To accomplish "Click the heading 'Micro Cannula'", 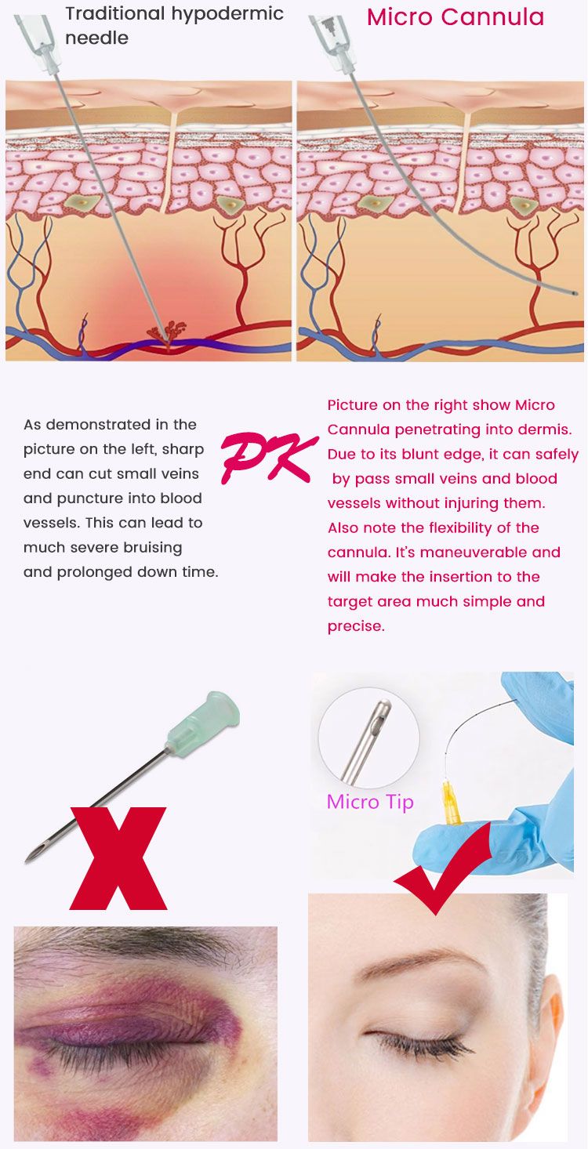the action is (x=455, y=17).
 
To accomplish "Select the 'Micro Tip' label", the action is (x=370, y=802).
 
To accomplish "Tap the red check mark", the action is (x=443, y=867).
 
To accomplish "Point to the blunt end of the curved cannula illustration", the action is (x=573, y=293).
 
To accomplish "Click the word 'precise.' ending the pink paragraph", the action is (x=356, y=626).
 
